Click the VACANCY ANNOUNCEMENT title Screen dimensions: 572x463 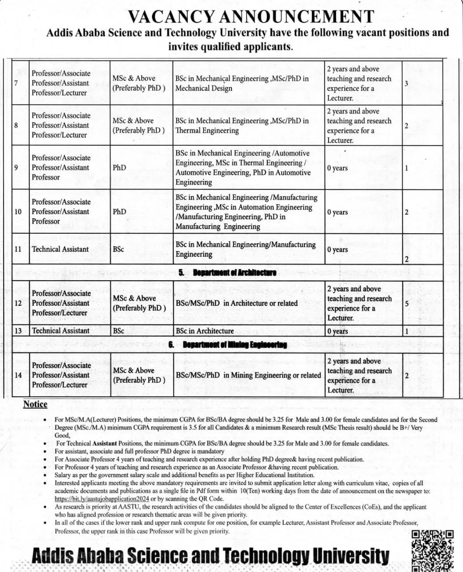pos(251,17)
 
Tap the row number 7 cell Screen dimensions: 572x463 pos(16,83)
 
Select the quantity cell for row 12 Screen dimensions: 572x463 pos(407,303)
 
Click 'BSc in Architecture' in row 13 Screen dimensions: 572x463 pos(205,331)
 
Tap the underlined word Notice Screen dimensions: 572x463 pos(35,404)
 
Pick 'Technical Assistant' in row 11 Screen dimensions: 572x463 pos(60,249)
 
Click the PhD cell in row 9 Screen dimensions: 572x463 pos(119,168)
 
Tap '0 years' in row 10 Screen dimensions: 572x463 pos(337,212)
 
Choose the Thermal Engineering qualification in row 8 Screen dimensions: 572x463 pos(242,126)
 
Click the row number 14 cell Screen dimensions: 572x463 pos(18,375)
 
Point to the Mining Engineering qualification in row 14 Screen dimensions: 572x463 pos(248,375)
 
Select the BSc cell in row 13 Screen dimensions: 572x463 pos(118,331)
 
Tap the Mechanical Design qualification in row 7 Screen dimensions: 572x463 pos(242,83)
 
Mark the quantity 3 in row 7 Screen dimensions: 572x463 pos(406,84)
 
